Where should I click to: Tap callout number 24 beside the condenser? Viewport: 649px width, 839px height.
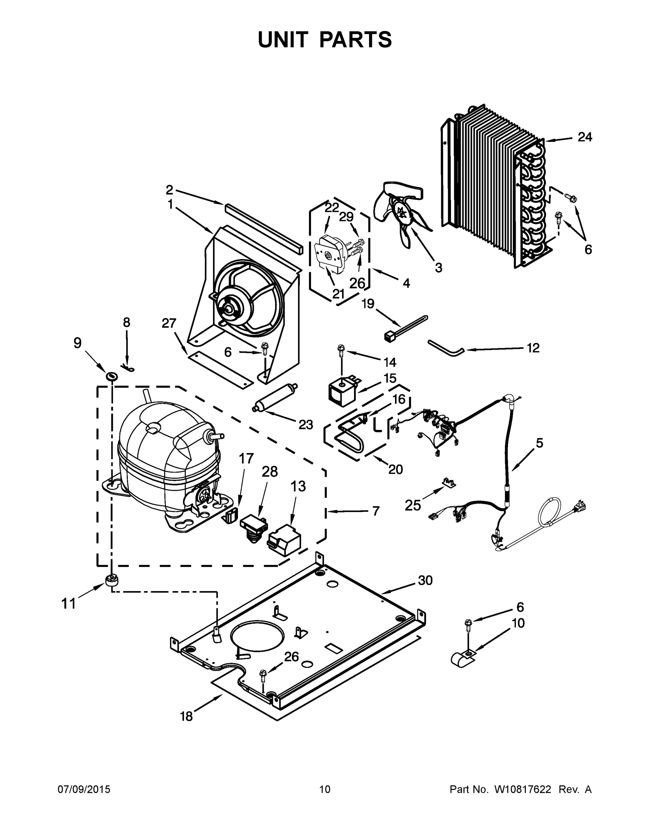point(585,137)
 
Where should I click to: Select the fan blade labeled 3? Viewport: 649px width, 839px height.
point(400,215)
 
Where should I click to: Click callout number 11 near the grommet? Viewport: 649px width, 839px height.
point(69,604)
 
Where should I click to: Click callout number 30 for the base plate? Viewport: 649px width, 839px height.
point(425,580)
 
